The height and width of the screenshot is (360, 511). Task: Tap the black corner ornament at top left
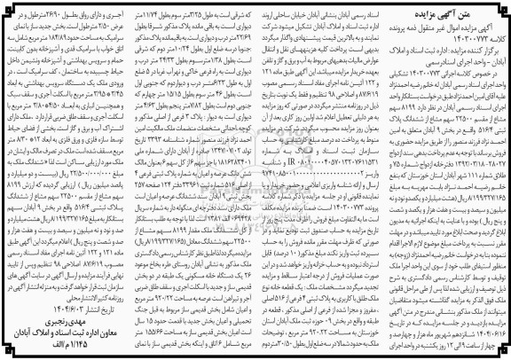8,8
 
